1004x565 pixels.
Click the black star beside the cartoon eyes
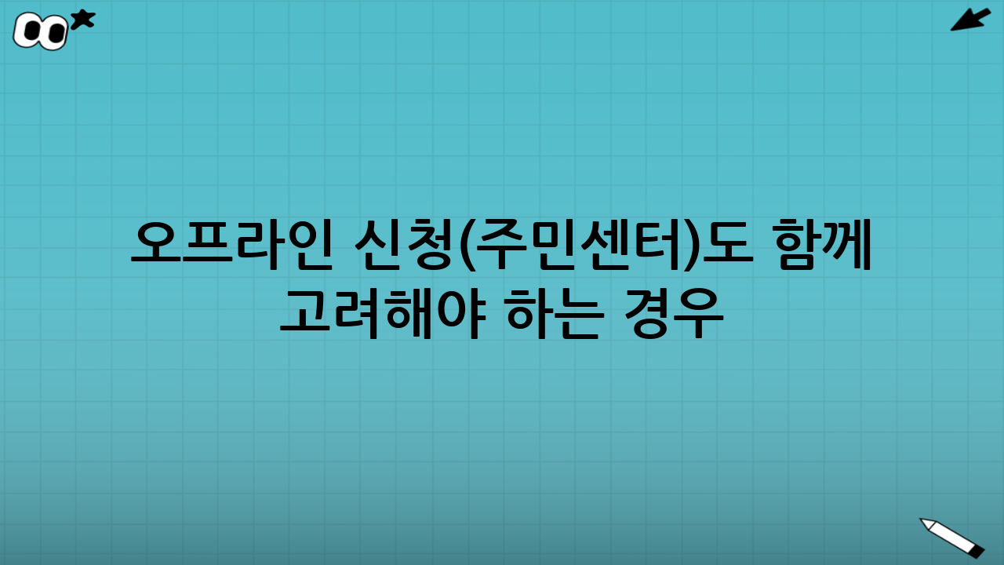tap(82, 20)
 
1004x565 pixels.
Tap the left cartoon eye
tap(31, 31)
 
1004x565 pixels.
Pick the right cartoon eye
tap(54, 33)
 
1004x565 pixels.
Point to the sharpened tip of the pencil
tap(926, 522)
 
